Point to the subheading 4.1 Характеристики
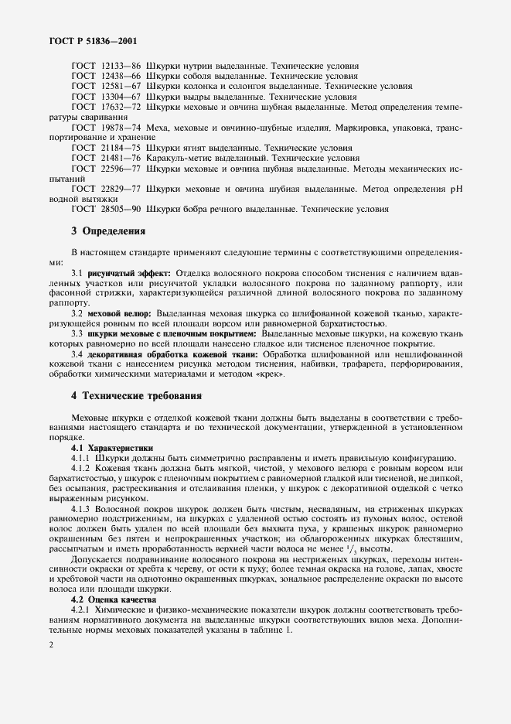(112, 448)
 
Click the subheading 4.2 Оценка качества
(114, 599)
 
